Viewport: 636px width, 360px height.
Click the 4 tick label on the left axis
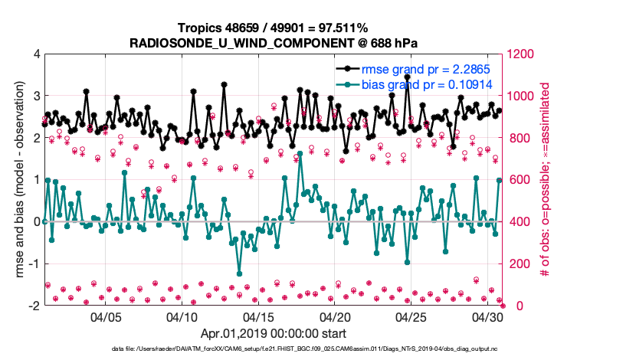point(36,54)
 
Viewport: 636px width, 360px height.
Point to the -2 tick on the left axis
point(34,306)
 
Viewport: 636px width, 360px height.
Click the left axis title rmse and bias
point(16,180)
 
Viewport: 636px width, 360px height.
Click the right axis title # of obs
point(546,180)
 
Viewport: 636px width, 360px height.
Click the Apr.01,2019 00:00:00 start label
point(274,334)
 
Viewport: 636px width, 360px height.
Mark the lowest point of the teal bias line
point(239,273)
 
